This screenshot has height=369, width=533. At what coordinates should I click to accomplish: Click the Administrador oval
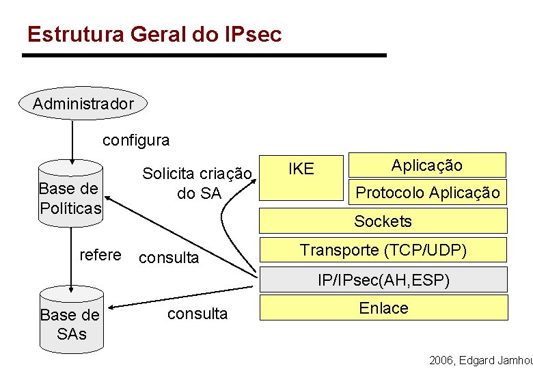point(83,104)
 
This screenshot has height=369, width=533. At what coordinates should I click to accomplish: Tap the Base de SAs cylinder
point(70,322)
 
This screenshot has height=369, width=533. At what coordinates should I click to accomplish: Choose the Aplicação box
point(427,165)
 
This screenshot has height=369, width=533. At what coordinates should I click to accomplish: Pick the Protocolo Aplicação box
point(427,193)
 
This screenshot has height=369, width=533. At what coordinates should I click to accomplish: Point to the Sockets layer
point(383,221)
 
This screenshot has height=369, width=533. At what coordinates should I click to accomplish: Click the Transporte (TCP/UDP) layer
point(383,250)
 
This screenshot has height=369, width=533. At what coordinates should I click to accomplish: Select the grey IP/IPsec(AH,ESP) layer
point(383,279)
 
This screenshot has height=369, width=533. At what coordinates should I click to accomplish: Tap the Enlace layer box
point(383,308)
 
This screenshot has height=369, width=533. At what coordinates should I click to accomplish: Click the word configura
point(136,141)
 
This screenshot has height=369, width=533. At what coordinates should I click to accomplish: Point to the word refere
point(100,255)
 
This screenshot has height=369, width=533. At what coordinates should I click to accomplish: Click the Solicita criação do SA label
point(197,183)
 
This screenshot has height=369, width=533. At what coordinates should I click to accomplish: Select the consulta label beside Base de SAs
point(197,314)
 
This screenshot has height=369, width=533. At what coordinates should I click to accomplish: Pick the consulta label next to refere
point(169,258)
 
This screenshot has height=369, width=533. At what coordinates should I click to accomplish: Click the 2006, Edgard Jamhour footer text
point(480,359)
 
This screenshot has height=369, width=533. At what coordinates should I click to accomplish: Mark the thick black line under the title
point(204,55)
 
